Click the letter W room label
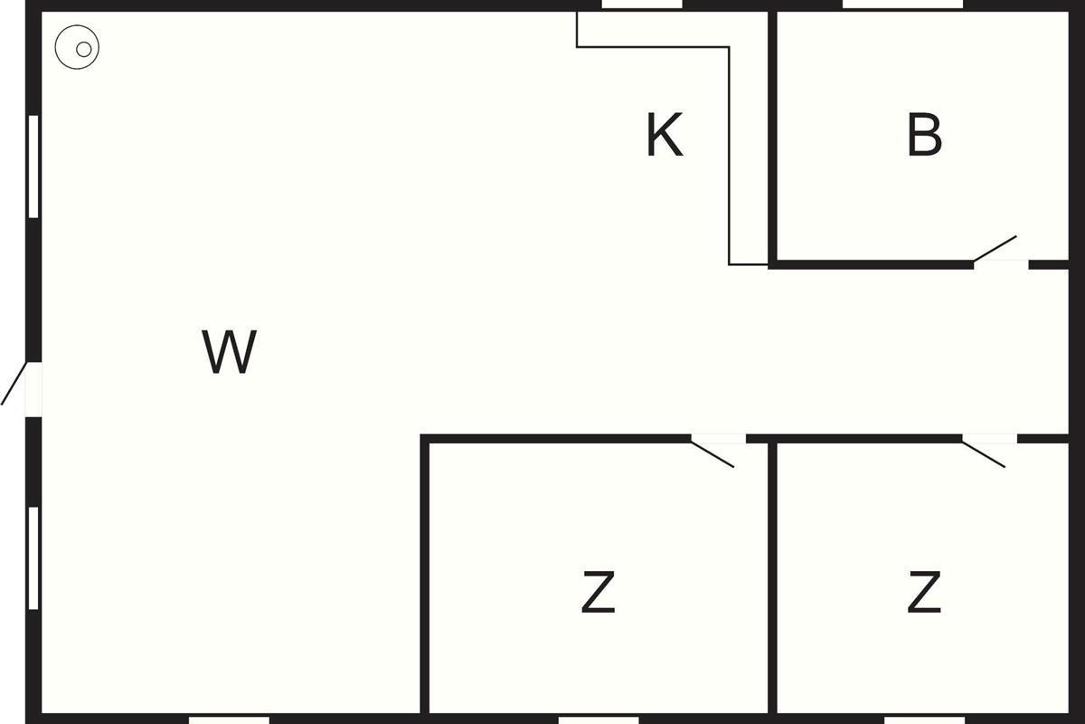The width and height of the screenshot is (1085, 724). [229, 352]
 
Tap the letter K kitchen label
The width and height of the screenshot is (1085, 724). [665, 136]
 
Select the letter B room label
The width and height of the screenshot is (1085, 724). [924, 136]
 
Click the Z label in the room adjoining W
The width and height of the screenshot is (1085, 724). [598, 593]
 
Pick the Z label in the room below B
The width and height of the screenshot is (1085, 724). [924, 593]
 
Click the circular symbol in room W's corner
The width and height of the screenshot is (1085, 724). [77, 49]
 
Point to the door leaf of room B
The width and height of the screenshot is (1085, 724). [995, 249]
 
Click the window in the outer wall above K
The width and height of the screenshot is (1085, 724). [641, 5]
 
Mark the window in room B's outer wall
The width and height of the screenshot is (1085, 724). [902, 5]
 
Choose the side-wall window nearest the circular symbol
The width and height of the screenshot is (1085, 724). [33, 167]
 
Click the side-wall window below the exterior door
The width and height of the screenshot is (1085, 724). [33, 557]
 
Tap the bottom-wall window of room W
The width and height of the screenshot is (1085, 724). [229, 719]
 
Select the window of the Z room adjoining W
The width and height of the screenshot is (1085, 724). [598, 719]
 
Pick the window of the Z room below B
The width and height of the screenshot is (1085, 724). [924, 719]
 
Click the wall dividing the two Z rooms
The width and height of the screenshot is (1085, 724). [772, 579]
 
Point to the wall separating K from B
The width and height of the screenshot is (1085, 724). [773, 136]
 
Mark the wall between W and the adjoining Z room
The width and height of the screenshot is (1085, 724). [424, 579]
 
